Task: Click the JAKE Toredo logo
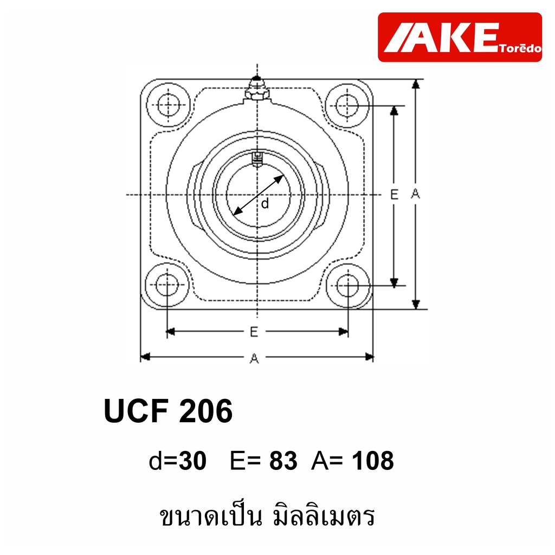click(460, 37)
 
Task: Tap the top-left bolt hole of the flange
click(168, 105)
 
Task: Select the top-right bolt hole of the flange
click(347, 105)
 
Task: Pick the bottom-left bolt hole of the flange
click(167, 285)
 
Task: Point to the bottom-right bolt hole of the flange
click(348, 285)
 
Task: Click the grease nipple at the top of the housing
click(257, 88)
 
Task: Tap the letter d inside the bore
click(264, 204)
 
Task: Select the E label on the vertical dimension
click(394, 195)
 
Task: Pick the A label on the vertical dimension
click(416, 193)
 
